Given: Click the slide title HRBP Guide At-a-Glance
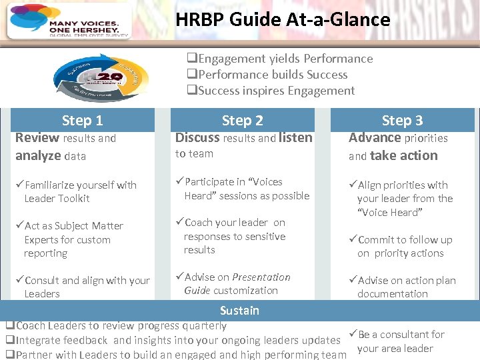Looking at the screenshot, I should (x=283, y=19).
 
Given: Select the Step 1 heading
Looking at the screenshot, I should (x=82, y=121).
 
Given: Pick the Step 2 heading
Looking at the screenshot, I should (x=242, y=121).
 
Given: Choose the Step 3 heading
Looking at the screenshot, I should (x=402, y=121).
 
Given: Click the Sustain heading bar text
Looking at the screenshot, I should (x=239, y=311).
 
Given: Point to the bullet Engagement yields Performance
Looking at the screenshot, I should (x=279, y=59).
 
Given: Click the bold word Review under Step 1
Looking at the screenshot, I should (x=37, y=138).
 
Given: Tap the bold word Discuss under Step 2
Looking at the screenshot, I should (x=197, y=138).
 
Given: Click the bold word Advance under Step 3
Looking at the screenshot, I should (x=375, y=138).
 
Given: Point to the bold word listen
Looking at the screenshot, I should (x=295, y=138).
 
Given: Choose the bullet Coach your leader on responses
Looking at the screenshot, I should (x=233, y=236).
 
